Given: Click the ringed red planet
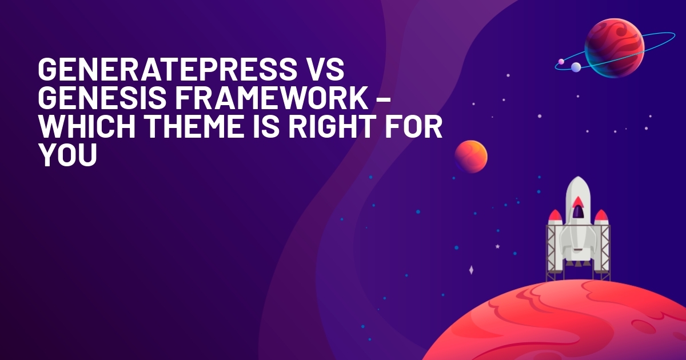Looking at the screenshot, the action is tap(615, 49).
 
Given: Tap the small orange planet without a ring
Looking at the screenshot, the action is tap(471, 157).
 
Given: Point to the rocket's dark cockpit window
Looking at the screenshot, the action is tap(578, 212).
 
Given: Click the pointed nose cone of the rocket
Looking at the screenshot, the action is tap(578, 183).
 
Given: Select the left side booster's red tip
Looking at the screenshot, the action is tap(555, 215).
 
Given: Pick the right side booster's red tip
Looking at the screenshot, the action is tap(601, 215).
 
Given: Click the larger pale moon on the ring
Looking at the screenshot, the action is tap(576, 67).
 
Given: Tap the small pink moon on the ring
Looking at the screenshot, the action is tap(561, 62).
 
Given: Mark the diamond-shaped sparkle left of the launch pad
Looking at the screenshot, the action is tap(471, 270).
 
